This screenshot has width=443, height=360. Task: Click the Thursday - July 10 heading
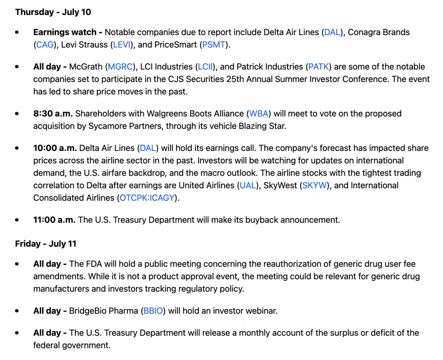click(53, 12)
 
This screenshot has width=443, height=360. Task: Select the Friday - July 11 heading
click(46, 244)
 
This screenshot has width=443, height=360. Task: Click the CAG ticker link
click(45, 45)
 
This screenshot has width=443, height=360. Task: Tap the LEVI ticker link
click(122, 45)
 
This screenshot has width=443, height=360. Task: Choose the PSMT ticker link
click(214, 45)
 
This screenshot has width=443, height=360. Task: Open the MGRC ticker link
click(120, 66)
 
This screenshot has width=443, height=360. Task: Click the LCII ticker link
click(205, 66)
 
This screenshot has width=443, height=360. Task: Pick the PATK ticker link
click(319, 66)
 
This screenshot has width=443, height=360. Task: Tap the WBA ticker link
click(259, 113)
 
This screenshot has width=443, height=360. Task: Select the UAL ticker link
click(248, 185)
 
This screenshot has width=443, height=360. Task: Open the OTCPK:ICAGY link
click(147, 198)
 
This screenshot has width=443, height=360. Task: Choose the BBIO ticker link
click(153, 311)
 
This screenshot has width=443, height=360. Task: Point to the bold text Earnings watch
click(65, 32)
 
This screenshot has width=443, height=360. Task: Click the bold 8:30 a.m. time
click(53, 113)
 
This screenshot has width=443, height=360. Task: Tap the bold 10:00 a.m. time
click(55, 148)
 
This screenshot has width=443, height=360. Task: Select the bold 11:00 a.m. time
click(54, 220)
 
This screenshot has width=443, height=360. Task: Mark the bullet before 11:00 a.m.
click(17, 220)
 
